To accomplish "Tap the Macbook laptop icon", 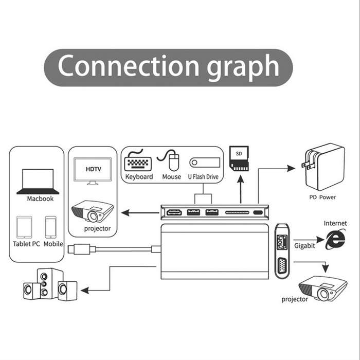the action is click(x=38, y=182).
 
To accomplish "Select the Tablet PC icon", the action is click(x=24, y=227).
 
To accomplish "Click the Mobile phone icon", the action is click(x=51, y=227).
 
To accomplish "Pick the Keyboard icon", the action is click(x=138, y=160).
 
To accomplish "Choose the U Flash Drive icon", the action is click(x=205, y=163).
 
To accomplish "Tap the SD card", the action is click(x=239, y=158).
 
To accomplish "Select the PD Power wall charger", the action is click(x=323, y=167).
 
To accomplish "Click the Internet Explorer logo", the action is click(x=335, y=240).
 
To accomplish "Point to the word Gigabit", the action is click(x=304, y=246).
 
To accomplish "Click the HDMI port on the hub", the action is click(x=174, y=212).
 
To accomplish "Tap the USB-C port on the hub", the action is click(x=258, y=212).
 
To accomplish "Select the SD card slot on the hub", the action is click(x=237, y=212).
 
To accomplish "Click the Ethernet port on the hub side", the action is click(x=282, y=242).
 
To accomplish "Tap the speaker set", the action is click(x=50, y=284).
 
